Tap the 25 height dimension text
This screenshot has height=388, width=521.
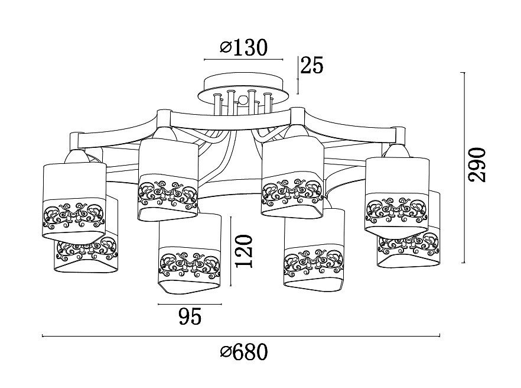312,65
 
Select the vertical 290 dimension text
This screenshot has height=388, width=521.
477,165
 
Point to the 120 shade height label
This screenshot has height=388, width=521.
244,251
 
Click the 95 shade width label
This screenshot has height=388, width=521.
190,316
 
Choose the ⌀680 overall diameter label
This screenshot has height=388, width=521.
244,352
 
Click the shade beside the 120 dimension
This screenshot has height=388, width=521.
190,254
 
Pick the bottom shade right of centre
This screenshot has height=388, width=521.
314,250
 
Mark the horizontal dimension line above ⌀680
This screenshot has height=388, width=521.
241,336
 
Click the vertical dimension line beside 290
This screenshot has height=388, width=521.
464,167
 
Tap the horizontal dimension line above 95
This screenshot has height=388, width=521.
190,304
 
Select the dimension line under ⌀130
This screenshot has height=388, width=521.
243,60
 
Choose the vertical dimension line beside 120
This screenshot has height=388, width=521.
230,251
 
